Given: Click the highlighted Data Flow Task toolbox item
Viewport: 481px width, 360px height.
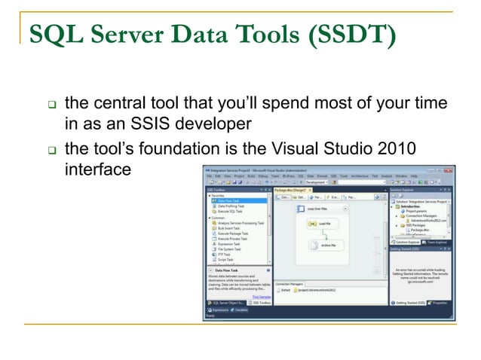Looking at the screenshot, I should pyautogui.click(x=230, y=201).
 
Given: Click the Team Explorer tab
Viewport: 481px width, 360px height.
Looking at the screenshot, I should pyautogui.click(x=433, y=242).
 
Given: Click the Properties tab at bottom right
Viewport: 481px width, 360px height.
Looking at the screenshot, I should pyautogui.click(x=439, y=302).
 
